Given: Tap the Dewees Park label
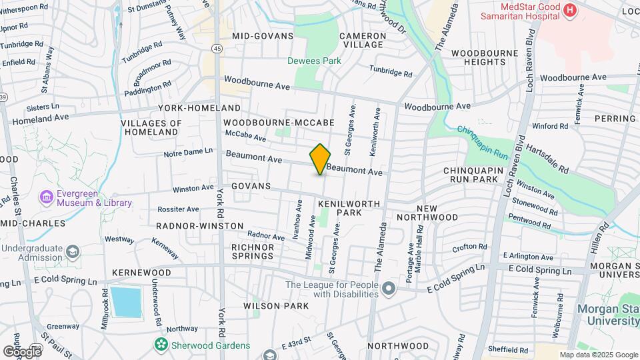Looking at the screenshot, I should click(314, 61).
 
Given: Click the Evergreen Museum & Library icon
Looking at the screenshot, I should click(46, 197).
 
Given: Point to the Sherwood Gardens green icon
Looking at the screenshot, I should click(161, 345).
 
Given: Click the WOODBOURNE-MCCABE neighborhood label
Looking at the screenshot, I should click(279, 123).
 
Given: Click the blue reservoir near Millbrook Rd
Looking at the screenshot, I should click(126, 302).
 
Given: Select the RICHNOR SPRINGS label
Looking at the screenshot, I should click(252, 251).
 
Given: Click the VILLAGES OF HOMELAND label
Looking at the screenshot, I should click(151, 127).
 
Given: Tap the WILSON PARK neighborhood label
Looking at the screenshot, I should click(276, 306).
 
